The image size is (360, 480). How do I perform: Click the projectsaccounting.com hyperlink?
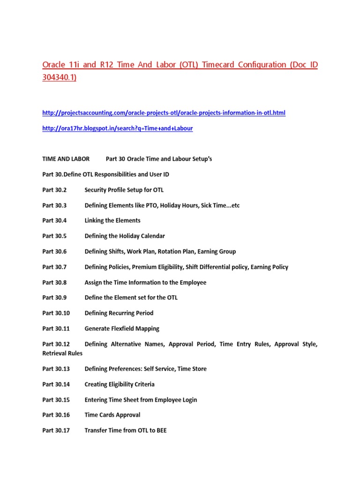(x=164, y=113)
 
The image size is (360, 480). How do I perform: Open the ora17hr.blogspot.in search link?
(x=117, y=128)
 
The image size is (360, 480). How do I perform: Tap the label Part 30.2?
(x=55, y=190)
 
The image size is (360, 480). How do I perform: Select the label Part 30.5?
(x=55, y=236)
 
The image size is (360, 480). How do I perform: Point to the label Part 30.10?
(x=56, y=313)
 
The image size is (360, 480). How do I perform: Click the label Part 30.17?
(x=56, y=430)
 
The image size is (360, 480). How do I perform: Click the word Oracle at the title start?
(x=53, y=65)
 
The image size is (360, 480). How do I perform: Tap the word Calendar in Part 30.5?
(x=152, y=236)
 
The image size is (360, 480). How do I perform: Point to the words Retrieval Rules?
(x=62, y=353)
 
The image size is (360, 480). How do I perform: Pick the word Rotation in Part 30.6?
(x=169, y=252)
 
